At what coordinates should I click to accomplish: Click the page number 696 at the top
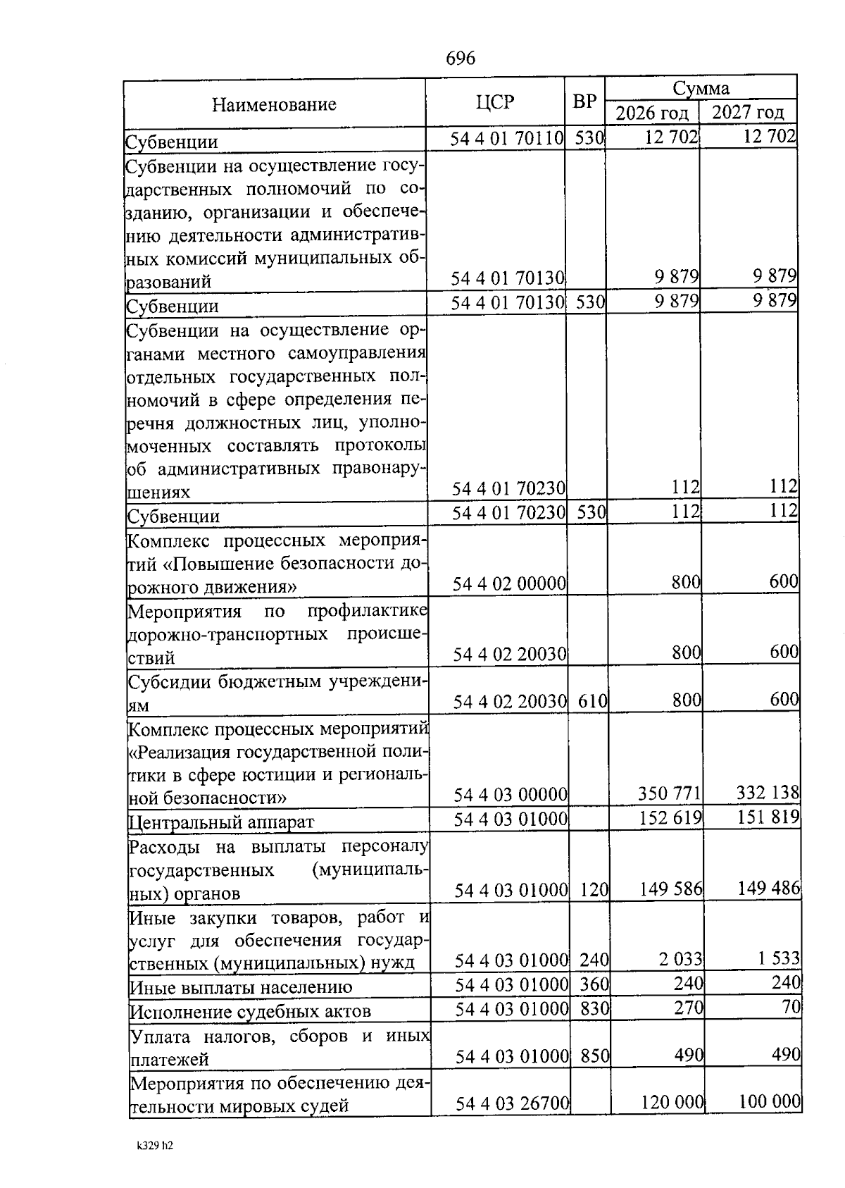coord(461,58)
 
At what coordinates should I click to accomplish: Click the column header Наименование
coord(274,105)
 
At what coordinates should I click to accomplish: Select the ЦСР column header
coord(494,103)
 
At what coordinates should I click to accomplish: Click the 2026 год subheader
coord(651,113)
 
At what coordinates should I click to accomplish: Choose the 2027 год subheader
coord(748,112)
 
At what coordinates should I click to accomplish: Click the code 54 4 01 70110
coord(507,138)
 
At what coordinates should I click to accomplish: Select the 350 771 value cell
coord(669,794)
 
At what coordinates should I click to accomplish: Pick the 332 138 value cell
coord(768,793)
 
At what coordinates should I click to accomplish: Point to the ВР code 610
coord(592,701)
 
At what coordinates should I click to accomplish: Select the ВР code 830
coord(594,1008)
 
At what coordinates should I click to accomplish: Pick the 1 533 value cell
coord(779,958)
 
